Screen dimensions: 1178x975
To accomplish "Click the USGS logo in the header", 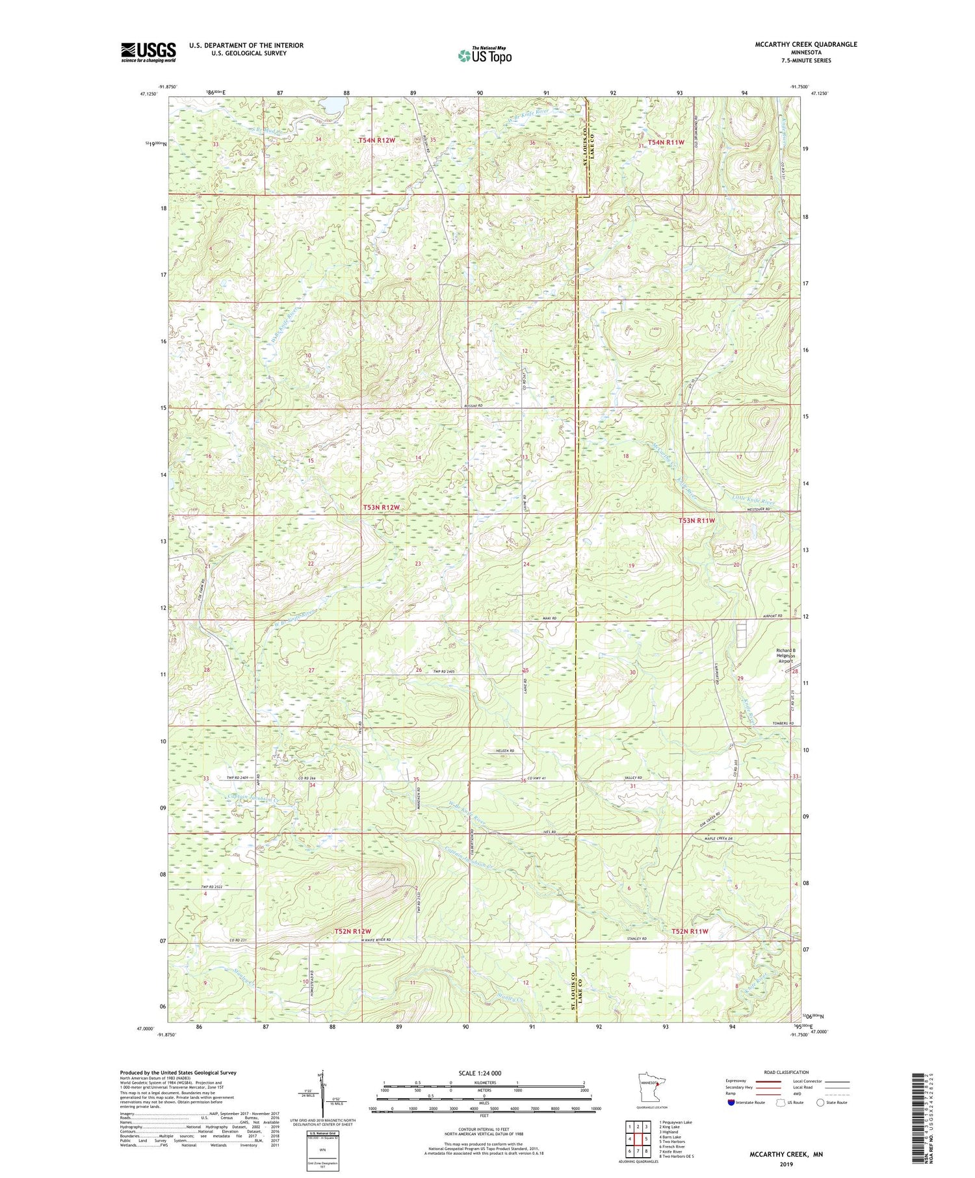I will (x=148, y=52).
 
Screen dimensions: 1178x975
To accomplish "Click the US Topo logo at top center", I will (x=484, y=56).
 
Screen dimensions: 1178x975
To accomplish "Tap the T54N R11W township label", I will (x=666, y=142).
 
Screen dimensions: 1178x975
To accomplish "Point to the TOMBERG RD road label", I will (x=783, y=723).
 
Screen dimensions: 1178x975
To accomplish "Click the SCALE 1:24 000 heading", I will (x=484, y=1073).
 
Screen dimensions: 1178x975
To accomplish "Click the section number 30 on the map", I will (x=631, y=672).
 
